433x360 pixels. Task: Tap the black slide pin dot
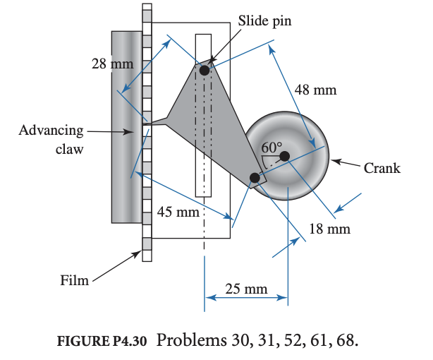coord(205,70)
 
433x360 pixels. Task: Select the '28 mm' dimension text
coord(112,64)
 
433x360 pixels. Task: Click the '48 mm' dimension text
coord(315,90)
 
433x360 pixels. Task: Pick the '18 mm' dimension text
coord(329,229)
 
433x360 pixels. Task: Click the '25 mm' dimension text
coord(246,288)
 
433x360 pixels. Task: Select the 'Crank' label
coord(382,168)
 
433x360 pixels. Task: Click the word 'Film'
coord(74,280)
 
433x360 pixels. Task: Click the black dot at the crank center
coord(284,156)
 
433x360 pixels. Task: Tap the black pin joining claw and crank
coord(254,177)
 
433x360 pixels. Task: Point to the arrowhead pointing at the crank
coord(334,162)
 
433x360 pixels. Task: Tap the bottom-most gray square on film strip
coord(147,244)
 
